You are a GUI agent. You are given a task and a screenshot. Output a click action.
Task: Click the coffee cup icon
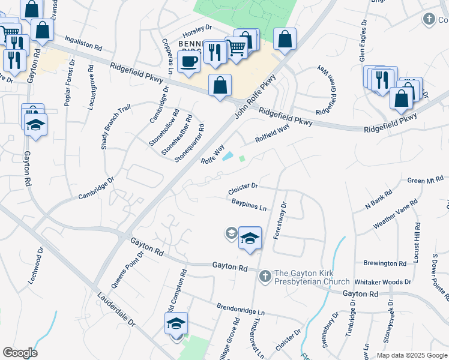pos(188,61)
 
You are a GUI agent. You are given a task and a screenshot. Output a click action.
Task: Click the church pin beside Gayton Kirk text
pos(265,277)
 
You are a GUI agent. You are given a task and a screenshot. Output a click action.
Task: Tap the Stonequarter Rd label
pos(190,143)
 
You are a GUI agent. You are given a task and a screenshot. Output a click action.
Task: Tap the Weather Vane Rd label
pos(394,214)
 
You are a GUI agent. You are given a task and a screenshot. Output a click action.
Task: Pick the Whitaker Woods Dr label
pos(382,281)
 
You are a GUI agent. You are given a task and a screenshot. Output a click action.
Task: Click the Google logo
pos(20,353)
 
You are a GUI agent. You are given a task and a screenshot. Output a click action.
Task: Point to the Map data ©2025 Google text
pos(412,355)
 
